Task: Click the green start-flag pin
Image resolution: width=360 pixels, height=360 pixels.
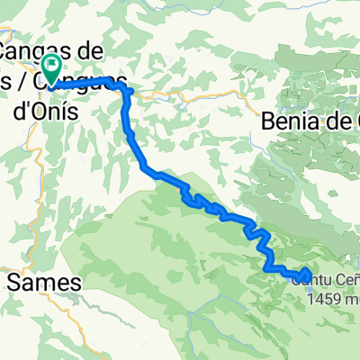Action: tap(51, 65)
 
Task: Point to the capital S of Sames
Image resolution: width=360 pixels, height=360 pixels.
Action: tap(15, 282)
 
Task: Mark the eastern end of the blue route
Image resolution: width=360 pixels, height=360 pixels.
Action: tap(307, 274)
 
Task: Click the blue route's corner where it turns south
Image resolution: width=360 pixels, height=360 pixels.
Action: tap(127, 92)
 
